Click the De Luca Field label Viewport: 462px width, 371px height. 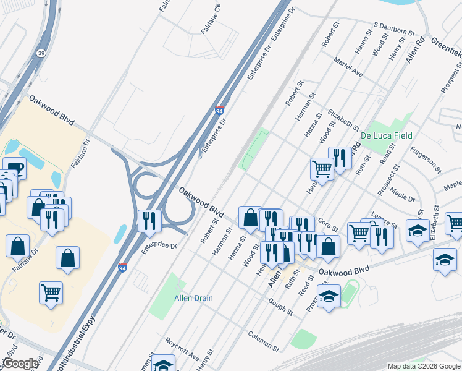click(386, 135)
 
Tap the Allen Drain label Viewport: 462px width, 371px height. click(193, 298)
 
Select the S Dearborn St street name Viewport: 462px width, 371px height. click(393, 30)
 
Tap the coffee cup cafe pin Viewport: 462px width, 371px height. click(14, 168)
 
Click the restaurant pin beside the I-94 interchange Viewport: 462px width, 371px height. click(149, 221)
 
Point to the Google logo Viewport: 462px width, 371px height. click(20, 364)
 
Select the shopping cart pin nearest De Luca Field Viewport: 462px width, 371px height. click(322, 168)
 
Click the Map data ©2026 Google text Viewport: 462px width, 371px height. click(423, 366)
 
